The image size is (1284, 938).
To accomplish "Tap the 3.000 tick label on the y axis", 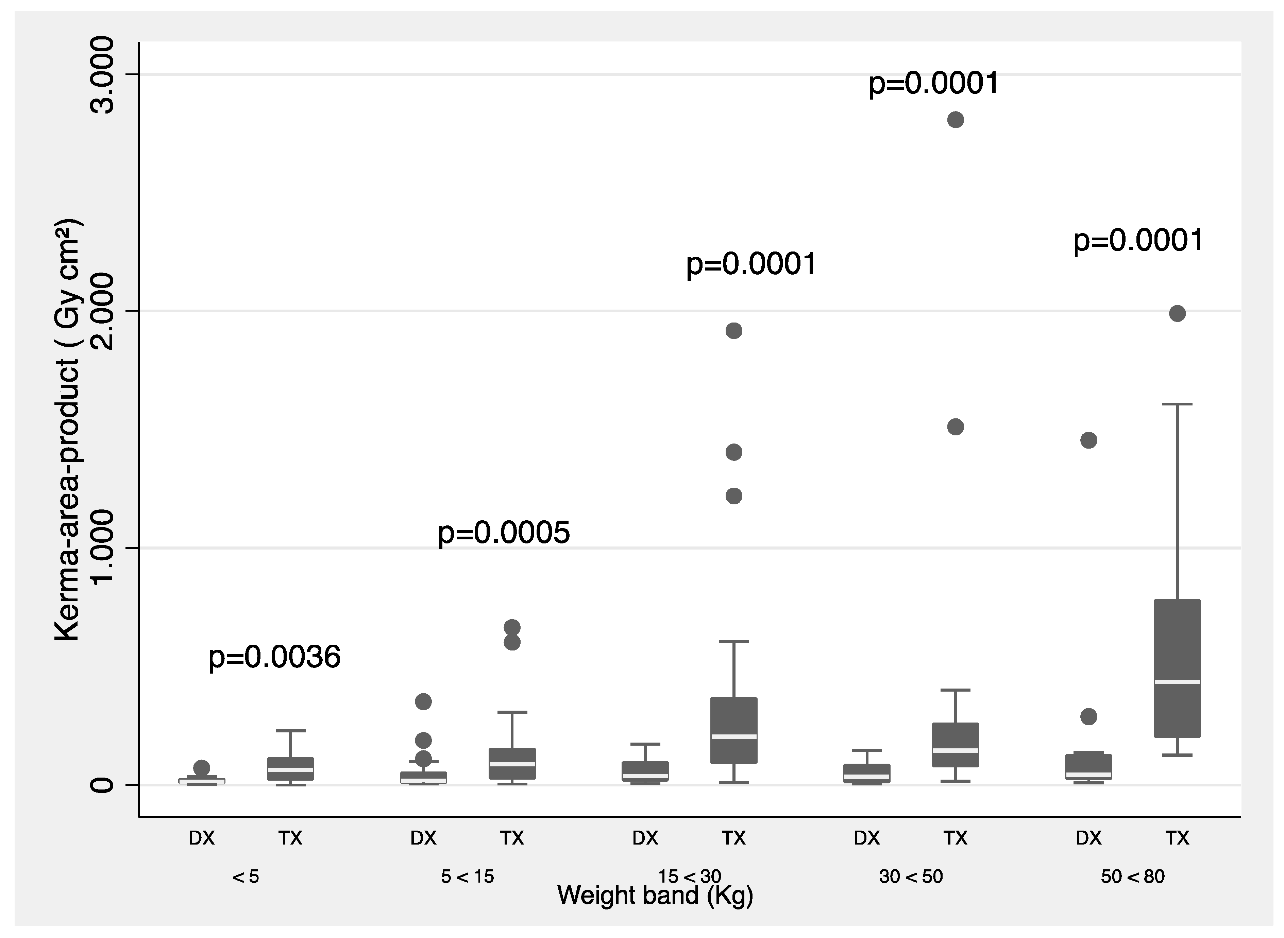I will tap(102, 75).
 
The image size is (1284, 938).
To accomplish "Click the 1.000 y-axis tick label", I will tap(102, 548).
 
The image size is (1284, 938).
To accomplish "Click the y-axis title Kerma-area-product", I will tap(68, 430).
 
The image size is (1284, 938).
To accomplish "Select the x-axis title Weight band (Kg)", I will tap(655, 896).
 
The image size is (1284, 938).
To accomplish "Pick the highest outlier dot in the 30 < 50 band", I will tap(956, 120).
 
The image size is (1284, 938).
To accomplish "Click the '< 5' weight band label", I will tap(246, 877).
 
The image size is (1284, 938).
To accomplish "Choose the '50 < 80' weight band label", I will tap(1132, 877).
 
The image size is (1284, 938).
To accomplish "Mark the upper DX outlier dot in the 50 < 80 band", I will tap(1088, 440).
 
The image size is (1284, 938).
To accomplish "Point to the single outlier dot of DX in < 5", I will tap(202, 768).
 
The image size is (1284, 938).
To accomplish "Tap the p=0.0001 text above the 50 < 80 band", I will tap(1138, 241).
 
